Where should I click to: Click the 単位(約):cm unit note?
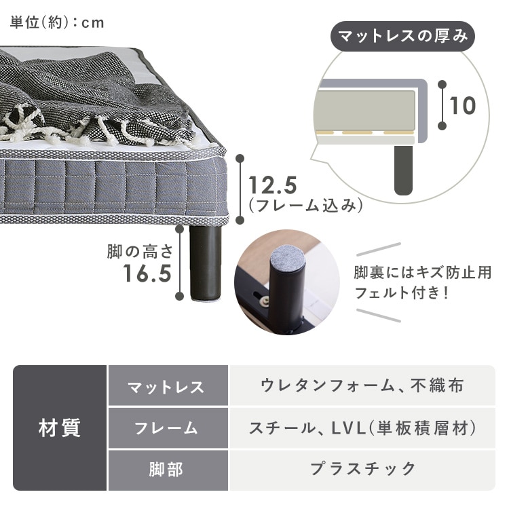click(57, 22)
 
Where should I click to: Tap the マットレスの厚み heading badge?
click(402, 37)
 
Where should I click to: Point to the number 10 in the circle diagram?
click(463, 105)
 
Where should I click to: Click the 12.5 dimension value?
click(273, 185)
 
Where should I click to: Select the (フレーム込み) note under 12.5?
click(305, 206)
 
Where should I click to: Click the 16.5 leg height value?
click(147, 274)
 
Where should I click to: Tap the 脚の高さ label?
click(140, 252)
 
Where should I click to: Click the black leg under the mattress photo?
click(205, 262)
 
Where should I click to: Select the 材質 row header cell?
click(60, 428)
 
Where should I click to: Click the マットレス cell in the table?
click(168, 386)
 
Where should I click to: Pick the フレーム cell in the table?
click(168, 428)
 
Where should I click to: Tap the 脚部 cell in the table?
click(168, 470)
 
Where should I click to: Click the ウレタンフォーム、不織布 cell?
click(362, 386)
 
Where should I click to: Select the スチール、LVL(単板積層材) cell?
click(362, 428)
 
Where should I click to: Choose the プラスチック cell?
click(362, 470)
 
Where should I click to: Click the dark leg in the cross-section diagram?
click(403, 170)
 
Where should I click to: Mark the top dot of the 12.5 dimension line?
click(240, 158)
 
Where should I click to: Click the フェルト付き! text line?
click(402, 293)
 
